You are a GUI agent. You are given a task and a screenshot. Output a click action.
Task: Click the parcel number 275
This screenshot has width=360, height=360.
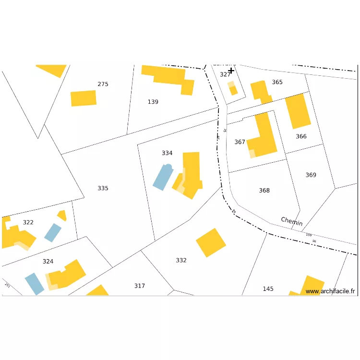click(x=103, y=84)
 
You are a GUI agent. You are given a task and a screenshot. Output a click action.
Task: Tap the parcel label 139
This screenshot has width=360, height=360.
click(x=153, y=102)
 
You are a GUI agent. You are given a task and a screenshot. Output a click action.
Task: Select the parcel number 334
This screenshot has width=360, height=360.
click(x=167, y=153)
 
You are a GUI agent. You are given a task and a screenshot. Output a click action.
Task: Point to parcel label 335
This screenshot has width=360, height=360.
click(x=103, y=188)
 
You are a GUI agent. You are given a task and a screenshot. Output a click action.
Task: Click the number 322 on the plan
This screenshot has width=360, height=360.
click(x=28, y=222)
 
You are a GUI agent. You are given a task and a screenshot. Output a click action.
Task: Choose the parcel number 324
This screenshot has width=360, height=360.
click(x=48, y=262)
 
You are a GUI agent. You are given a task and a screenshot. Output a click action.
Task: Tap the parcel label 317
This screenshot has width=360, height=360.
click(x=139, y=286)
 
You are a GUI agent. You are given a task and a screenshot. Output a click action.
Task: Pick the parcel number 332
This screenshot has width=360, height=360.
click(x=181, y=260)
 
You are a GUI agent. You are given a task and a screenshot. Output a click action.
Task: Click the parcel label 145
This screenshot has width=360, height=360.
click(x=268, y=288)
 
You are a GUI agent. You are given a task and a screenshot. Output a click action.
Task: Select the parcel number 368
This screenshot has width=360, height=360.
click(x=264, y=191)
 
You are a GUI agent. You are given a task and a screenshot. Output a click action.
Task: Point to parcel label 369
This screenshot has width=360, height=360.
click(x=311, y=175)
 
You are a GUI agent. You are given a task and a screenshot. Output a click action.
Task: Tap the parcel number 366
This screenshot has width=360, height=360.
click(x=301, y=136)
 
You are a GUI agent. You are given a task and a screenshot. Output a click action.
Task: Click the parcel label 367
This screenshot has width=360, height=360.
click(x=240, y=142)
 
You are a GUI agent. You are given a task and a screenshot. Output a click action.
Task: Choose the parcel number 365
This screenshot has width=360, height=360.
click(x=277, y=82)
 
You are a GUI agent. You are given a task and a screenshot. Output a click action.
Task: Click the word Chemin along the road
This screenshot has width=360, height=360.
click(x=292, y=221)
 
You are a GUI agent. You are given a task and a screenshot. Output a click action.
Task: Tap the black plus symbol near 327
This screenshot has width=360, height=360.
click(x=231, y=71)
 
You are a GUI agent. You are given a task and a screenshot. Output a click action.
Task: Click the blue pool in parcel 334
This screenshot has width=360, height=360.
click(x=163, y=177)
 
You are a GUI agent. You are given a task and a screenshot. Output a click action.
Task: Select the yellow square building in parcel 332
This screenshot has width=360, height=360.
click(x=211, y=242)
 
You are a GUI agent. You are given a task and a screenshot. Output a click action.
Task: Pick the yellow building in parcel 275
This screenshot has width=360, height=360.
click(x=84, y=98)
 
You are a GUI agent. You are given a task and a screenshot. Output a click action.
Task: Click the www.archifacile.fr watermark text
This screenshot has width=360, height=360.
click(x=331, y=291)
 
